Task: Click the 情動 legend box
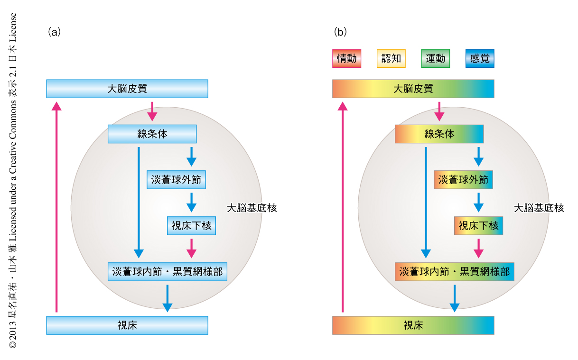click(x=346, y=59)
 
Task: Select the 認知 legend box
click(x=391, y=59)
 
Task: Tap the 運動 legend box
click(x=435, y=59)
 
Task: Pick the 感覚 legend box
click(x=480, y=59)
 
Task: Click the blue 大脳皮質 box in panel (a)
click(x=127, y=89)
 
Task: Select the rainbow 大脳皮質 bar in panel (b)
click(x=413, y=89)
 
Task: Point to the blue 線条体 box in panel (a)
click(x=152, y=134)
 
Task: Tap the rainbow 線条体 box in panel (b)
click(x=439, y=134)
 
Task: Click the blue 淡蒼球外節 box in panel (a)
click(x=177, y=180)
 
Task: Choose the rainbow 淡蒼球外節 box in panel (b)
click(x=463, y=180)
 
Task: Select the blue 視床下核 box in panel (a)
click(x=191, y=226)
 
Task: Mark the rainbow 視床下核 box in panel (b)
click(x=478, y=226)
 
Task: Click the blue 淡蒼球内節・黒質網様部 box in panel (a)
click(x=168, y=272)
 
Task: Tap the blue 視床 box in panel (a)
click(x=127, y=325)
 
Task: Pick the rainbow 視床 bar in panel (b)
click(x=413, y=325)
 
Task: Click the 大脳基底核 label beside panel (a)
click(x=252, y=208)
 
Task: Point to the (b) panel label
click(x=340, y=32)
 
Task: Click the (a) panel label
click(x=54, y=32)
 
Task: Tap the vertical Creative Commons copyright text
click(x=13, y=180)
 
